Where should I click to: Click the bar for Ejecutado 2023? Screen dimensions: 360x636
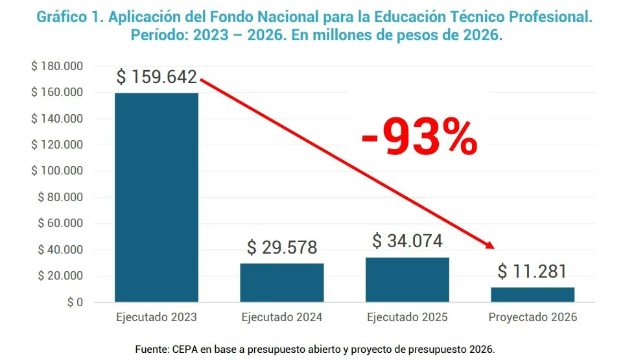coord(156,197)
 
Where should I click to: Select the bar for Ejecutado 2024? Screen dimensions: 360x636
coord(281,282)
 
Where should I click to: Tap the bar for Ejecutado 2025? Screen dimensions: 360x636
coord(407,280)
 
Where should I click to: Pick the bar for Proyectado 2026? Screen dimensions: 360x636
coord(532,294)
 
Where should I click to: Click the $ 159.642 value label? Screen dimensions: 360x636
coord(156,77)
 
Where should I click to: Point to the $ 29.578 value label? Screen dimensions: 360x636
coord(281,247)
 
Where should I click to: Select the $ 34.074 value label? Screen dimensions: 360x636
coord(407,241)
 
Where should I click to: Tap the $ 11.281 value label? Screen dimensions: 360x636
coord(532,271)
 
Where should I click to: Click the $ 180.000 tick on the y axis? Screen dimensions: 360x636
coord(56,66)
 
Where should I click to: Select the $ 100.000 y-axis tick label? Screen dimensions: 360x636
coord(56,171)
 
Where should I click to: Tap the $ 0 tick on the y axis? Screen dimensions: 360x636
coord(75,302)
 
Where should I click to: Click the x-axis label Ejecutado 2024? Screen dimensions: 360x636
coord(281,318)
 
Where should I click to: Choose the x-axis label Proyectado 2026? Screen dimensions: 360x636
coord(532,318)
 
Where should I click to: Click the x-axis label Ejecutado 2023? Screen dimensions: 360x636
coord(156,318)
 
